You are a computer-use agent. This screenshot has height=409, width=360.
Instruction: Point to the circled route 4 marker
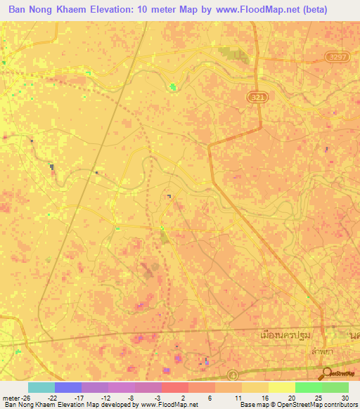(233, 375)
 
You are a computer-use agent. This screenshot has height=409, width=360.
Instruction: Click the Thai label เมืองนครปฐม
(284, 337)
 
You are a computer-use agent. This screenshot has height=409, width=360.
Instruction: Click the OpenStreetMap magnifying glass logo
(327, 374)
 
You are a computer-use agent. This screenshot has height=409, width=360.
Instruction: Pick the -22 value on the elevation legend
(52, 397)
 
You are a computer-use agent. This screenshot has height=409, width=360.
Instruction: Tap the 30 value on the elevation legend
(345, 397)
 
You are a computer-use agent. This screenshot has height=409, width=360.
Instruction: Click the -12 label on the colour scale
(105, 397)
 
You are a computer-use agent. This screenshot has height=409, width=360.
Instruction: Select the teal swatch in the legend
(41, 387)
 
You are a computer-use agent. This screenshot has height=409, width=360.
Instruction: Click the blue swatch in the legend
(68, 387)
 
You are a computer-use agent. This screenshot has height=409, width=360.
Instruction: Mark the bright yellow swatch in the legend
(282, 387)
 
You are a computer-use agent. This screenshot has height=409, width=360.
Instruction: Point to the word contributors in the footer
(340, 405)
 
